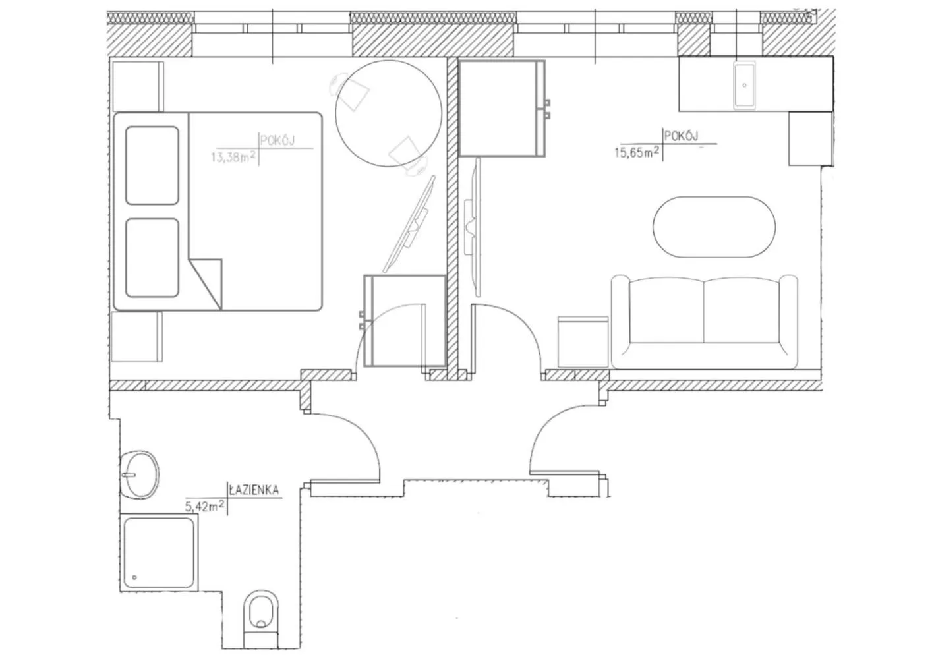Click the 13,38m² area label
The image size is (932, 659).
[x=233, y=158]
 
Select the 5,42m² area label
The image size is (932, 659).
[x=205, y=507]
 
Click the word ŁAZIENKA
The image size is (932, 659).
[x=254, y=490]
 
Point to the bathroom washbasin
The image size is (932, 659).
[x=140, y=474]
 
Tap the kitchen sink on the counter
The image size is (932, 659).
[x=745, y=85]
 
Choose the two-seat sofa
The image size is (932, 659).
[x=704, y=321]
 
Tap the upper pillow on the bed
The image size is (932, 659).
[x=152, y=165]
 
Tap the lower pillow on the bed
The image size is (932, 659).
[x=152, y=258]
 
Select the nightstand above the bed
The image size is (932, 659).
[x=137, y=86]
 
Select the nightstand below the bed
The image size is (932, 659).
[x=137, y=337]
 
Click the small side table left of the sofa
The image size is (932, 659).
[x=583, y=341]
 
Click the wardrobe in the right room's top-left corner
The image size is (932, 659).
[x=501, y=108]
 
